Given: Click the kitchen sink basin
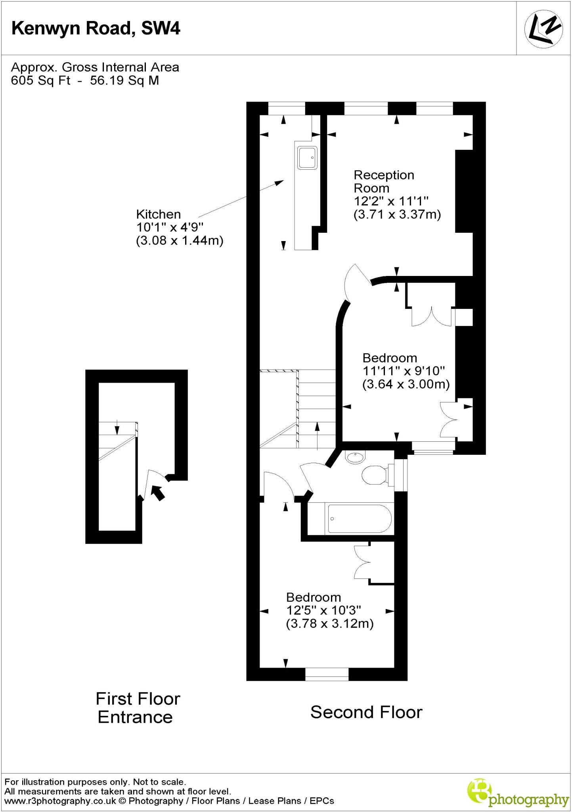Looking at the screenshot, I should [307, 158].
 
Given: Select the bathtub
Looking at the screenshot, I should [359, 519].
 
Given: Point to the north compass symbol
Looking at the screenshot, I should [543, 29].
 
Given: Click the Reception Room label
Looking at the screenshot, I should [383, 181].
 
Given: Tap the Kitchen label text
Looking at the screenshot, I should [158, 214].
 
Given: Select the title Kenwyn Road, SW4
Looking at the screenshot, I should [96, 29].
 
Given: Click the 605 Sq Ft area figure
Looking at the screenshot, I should [40, 80].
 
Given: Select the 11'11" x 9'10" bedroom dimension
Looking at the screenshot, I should [404, 371].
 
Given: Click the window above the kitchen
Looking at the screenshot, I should [287, 108].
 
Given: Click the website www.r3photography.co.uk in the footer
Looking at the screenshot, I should [60, 801].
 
